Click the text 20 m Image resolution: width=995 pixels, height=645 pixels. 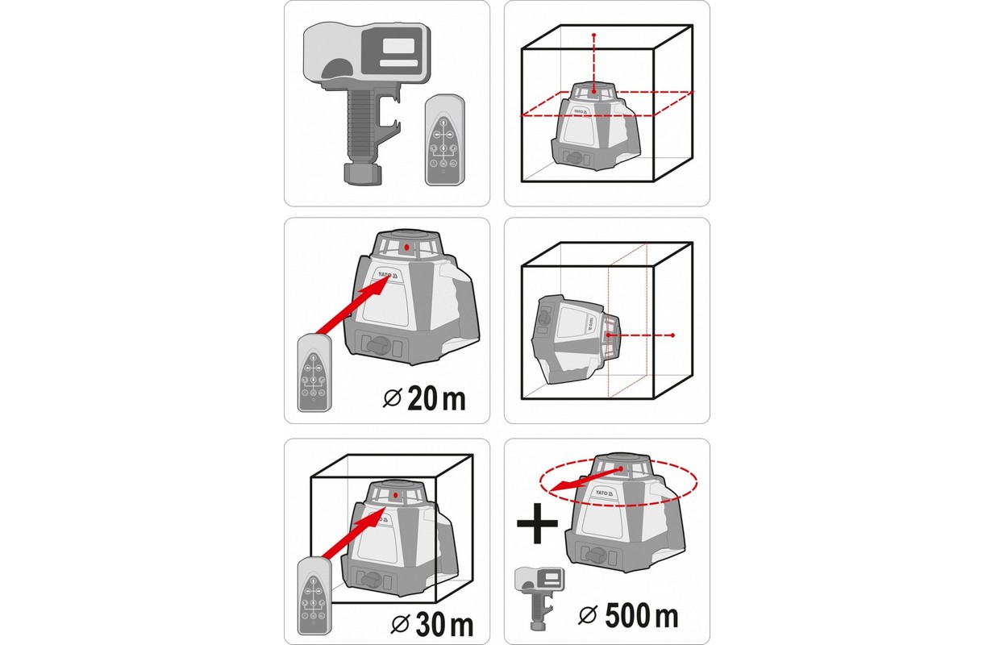click(x=436, y=398)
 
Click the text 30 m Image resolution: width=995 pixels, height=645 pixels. click(x=444, y=625)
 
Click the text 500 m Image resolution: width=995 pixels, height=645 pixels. click(x=641, y=616)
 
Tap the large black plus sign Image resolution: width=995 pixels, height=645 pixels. click(x=537, y=523)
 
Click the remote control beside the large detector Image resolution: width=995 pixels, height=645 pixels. click(x=444, y=139)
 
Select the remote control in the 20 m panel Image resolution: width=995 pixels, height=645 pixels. click(x=314, y=372)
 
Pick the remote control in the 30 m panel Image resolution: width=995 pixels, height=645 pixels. click(x=314, y=595)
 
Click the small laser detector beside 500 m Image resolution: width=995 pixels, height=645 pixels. click(x=539, y=597)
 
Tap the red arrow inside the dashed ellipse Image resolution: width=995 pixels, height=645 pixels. click(x=585, y=480)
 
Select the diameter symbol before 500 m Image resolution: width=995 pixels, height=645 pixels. click(x=588, y=615)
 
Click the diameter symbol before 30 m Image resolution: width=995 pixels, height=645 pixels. click(x=400, y=625)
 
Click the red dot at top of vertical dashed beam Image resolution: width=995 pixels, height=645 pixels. click(x=594, y=35)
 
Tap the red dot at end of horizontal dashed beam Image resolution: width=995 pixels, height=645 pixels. click(x=673, y=335)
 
